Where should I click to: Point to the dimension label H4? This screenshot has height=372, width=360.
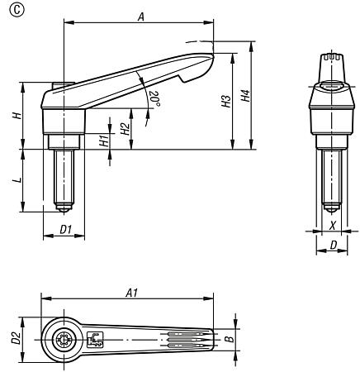244,97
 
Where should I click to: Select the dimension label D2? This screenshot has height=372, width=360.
14,337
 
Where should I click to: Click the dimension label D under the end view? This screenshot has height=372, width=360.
332,245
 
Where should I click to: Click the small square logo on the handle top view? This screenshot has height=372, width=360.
94,338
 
